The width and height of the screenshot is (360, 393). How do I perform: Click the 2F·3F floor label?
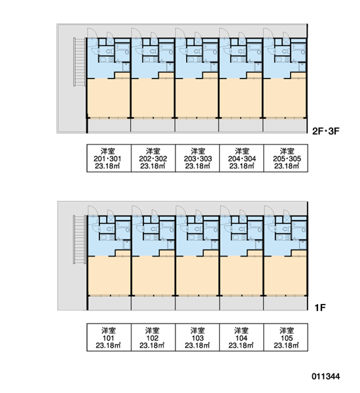point(326,131)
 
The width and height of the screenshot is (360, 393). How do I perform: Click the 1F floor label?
point(320,308)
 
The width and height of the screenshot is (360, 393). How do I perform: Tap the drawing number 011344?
point(326,376)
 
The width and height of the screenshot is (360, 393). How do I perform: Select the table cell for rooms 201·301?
point(109,158)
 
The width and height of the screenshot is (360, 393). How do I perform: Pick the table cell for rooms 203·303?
point(198,158)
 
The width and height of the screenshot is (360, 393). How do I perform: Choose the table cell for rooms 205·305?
point(286,158)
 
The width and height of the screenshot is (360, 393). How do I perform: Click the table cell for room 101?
point(109,337)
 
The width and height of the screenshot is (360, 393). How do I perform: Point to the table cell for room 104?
point(242,337)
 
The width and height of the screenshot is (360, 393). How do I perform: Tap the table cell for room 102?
point(153,337)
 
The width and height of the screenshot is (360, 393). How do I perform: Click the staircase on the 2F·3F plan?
point(80,62)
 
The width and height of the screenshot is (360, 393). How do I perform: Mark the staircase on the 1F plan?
point(79,239)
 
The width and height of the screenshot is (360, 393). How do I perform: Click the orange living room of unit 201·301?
point(109,98)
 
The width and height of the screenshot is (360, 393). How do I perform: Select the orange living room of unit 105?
point(286,275)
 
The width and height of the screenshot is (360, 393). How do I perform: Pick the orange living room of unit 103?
point(198,275)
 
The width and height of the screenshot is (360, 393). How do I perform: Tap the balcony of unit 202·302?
point(153,125)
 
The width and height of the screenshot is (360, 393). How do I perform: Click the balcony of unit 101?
point(109,303)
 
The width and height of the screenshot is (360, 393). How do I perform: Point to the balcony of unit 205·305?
point(285,125)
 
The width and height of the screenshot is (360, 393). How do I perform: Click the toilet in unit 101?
point(109,229)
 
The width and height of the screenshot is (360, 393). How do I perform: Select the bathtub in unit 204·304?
point(255,47)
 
